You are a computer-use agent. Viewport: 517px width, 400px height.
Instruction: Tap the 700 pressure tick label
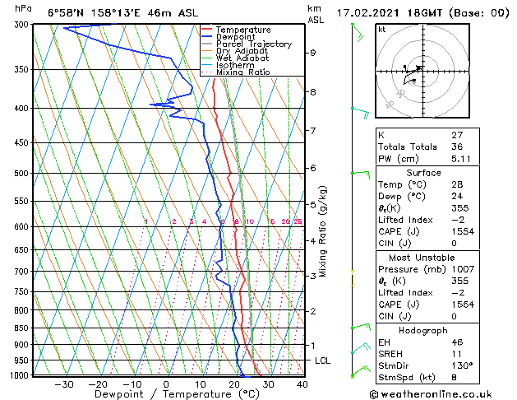click(x=22, y=272)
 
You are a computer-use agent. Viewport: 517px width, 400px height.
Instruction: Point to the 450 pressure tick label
click(x=22, y=143)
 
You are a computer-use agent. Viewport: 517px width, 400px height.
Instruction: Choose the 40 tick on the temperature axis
click(x=302, y=384)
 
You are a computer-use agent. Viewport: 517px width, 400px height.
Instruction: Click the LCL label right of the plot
click(x=323, y=361)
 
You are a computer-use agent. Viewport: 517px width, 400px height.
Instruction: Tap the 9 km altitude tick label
click(x=313, y=53)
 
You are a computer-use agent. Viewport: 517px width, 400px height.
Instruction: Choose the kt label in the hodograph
click(x=381, y=30)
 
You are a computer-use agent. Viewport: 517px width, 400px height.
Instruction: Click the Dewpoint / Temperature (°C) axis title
click(x=164, y=395)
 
